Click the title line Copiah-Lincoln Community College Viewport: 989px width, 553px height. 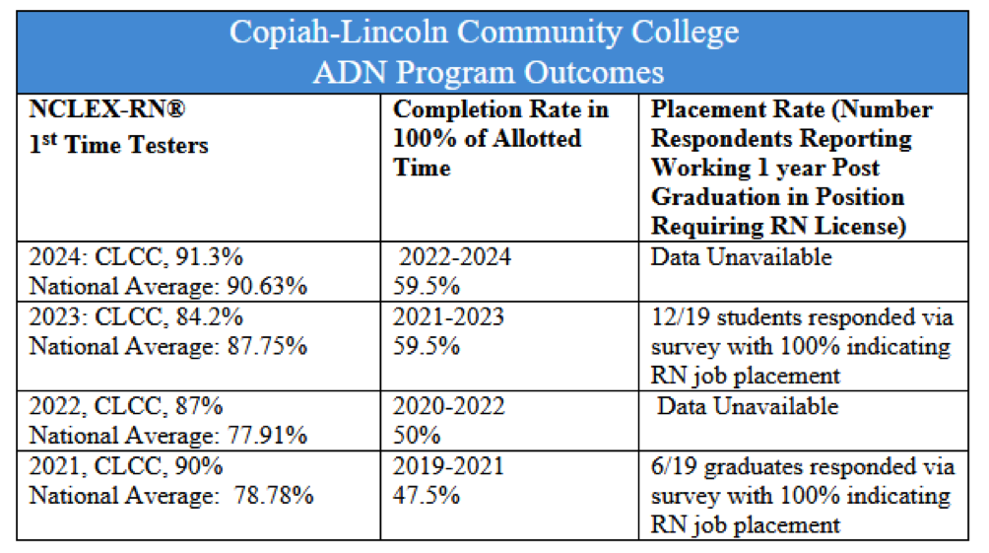tap(484, 32)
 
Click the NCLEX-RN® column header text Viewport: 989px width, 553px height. tap(106, 110)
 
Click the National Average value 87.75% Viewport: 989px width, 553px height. tap(267, 346)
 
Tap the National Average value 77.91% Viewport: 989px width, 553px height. tap(267, 435)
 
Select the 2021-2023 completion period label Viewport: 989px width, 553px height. tap(448, 317)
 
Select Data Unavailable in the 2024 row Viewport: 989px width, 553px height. tap(741, 257)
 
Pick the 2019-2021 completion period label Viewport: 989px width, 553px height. tap(448, 465)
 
